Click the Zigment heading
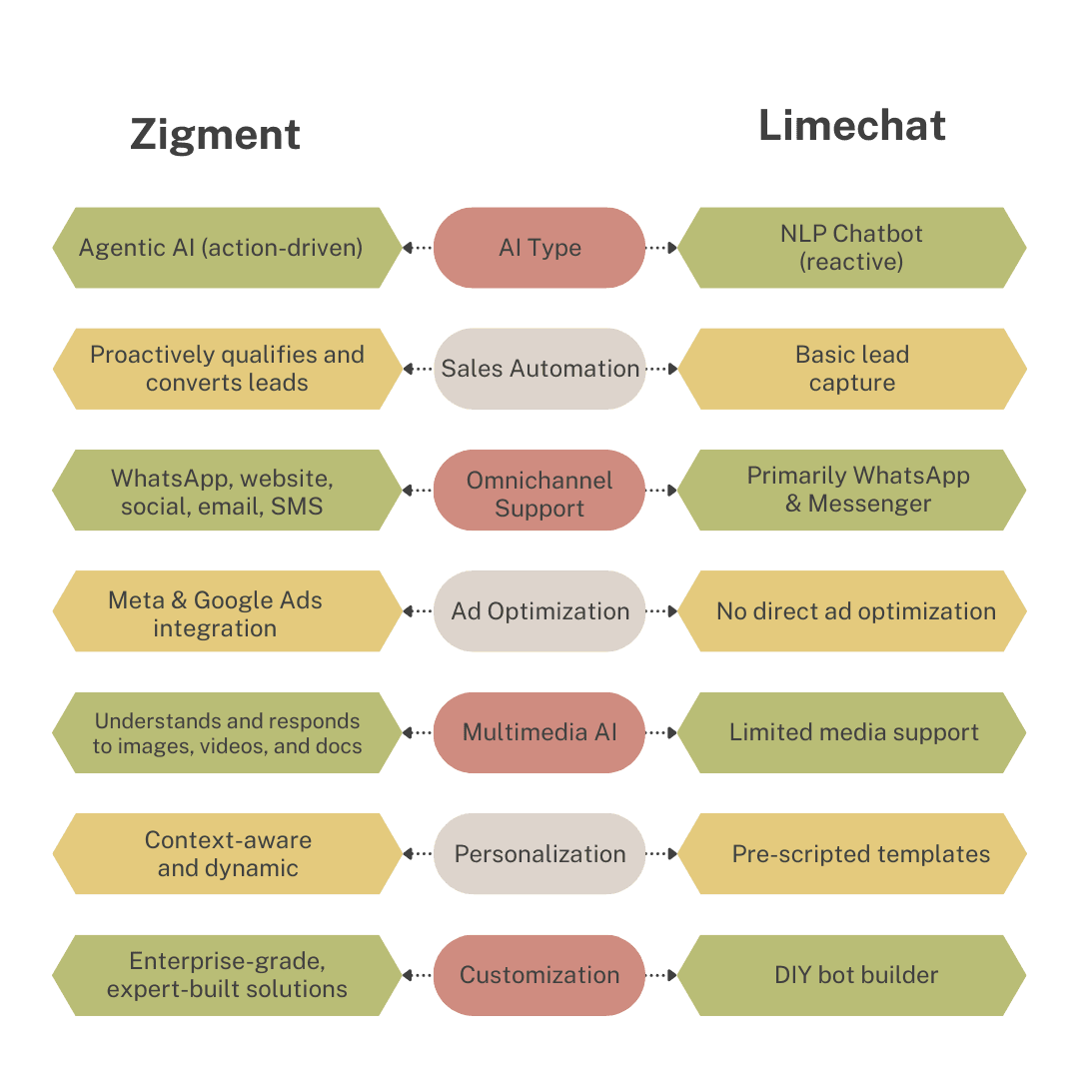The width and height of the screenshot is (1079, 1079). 215,135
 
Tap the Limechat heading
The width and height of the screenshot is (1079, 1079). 852,126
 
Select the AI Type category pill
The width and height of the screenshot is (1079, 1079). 539,248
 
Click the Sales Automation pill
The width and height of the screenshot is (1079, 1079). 539,369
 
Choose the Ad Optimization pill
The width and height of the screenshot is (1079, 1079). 539,611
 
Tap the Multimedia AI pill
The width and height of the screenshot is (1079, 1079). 539,732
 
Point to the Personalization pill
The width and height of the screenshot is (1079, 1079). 539,854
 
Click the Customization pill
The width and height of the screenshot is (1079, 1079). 539,975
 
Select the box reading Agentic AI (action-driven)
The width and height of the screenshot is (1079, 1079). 222,248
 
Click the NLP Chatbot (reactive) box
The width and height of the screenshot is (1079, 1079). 852,248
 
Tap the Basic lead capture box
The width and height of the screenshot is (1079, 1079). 852,369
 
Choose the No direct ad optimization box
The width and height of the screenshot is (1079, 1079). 854,611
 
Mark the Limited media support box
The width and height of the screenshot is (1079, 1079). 853,732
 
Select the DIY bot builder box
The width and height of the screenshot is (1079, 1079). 855,975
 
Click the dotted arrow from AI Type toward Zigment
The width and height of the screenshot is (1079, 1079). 418,248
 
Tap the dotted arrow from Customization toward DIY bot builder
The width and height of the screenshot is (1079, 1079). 661,975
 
